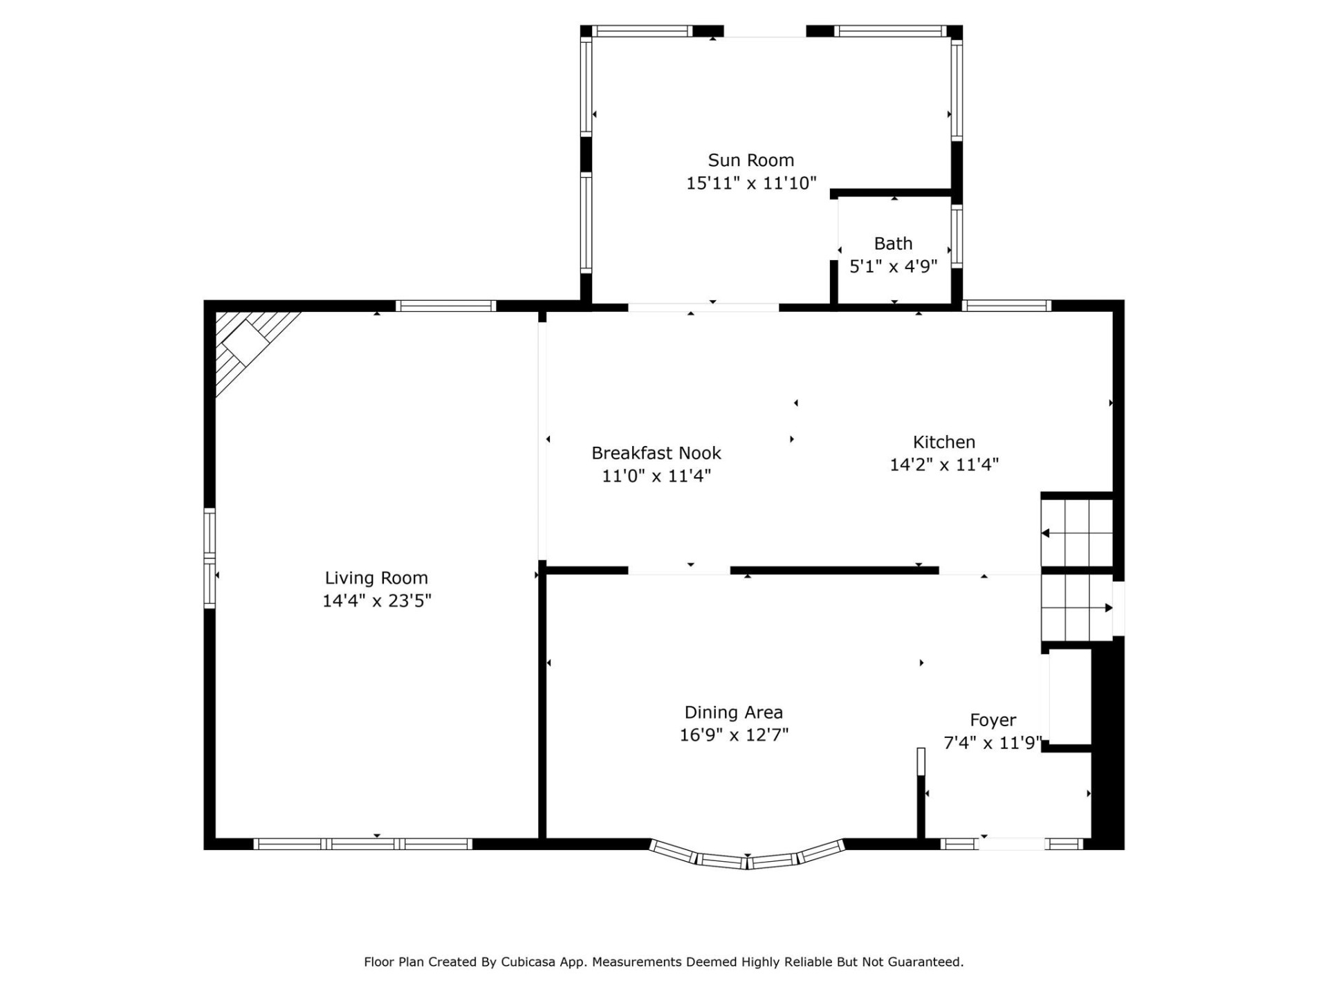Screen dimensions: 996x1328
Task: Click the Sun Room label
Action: click(750, 160)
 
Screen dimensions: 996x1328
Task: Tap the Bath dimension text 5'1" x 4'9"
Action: click(893, 266)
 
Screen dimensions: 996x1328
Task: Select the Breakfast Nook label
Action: click(656, 453)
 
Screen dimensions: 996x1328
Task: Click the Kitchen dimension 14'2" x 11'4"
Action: click(943, 465)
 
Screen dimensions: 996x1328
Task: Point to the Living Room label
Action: click(376, 578)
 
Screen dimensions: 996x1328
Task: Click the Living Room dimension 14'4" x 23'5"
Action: click(376, 600)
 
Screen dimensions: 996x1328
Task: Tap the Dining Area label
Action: click(733, 712)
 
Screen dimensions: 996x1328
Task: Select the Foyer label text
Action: click(993, 720)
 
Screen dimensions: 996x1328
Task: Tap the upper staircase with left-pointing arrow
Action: click(1076, 533)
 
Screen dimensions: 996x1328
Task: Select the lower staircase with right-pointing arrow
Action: click(1076, 608)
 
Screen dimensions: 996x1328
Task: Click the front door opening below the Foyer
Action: click(1012, 844)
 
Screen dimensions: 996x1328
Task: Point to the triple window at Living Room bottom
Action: click(362, 844)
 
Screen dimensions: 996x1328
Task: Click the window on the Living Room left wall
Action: click(210, 558)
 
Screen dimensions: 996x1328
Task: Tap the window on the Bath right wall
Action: click(957, 236)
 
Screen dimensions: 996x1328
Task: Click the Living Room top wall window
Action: click(445, 306)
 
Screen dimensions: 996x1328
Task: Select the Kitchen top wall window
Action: click(1006, 306)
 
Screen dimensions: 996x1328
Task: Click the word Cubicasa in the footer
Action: click(528, 961)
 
